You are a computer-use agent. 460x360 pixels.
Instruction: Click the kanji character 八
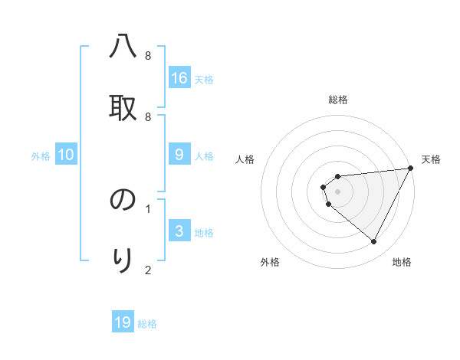(x=123, y=47)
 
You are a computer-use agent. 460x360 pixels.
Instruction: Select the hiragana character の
(x=123, y=200)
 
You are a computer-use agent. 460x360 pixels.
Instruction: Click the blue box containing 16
(x=179, y=78)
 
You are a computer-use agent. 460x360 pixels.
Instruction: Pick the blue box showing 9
(x=179, y=155)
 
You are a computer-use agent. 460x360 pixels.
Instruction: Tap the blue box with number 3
(x=179, y=231)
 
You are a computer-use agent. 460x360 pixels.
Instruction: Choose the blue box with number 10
(x=66, y=155)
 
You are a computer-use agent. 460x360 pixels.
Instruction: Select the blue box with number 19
(x=123, y=322)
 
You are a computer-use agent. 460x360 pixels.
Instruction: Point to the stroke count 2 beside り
(x=148, y=270)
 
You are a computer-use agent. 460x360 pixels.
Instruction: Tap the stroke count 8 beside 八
(x=148, y=56)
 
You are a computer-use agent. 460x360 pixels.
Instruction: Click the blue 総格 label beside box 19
(x=147, y=324)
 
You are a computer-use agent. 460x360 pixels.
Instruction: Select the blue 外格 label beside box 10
(x=41, y=156)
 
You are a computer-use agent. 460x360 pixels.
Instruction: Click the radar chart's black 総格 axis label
(x=338, y=100)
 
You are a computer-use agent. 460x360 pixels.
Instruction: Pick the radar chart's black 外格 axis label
(x=270, y=262)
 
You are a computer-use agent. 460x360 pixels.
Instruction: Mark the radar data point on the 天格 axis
(x=410, y=168)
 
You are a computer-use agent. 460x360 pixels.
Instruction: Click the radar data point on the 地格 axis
(x=374, y=242)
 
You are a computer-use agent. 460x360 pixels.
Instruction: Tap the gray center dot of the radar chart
(x=337, y=191)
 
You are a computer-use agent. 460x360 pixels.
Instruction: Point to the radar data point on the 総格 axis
(x=337, y=177)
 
